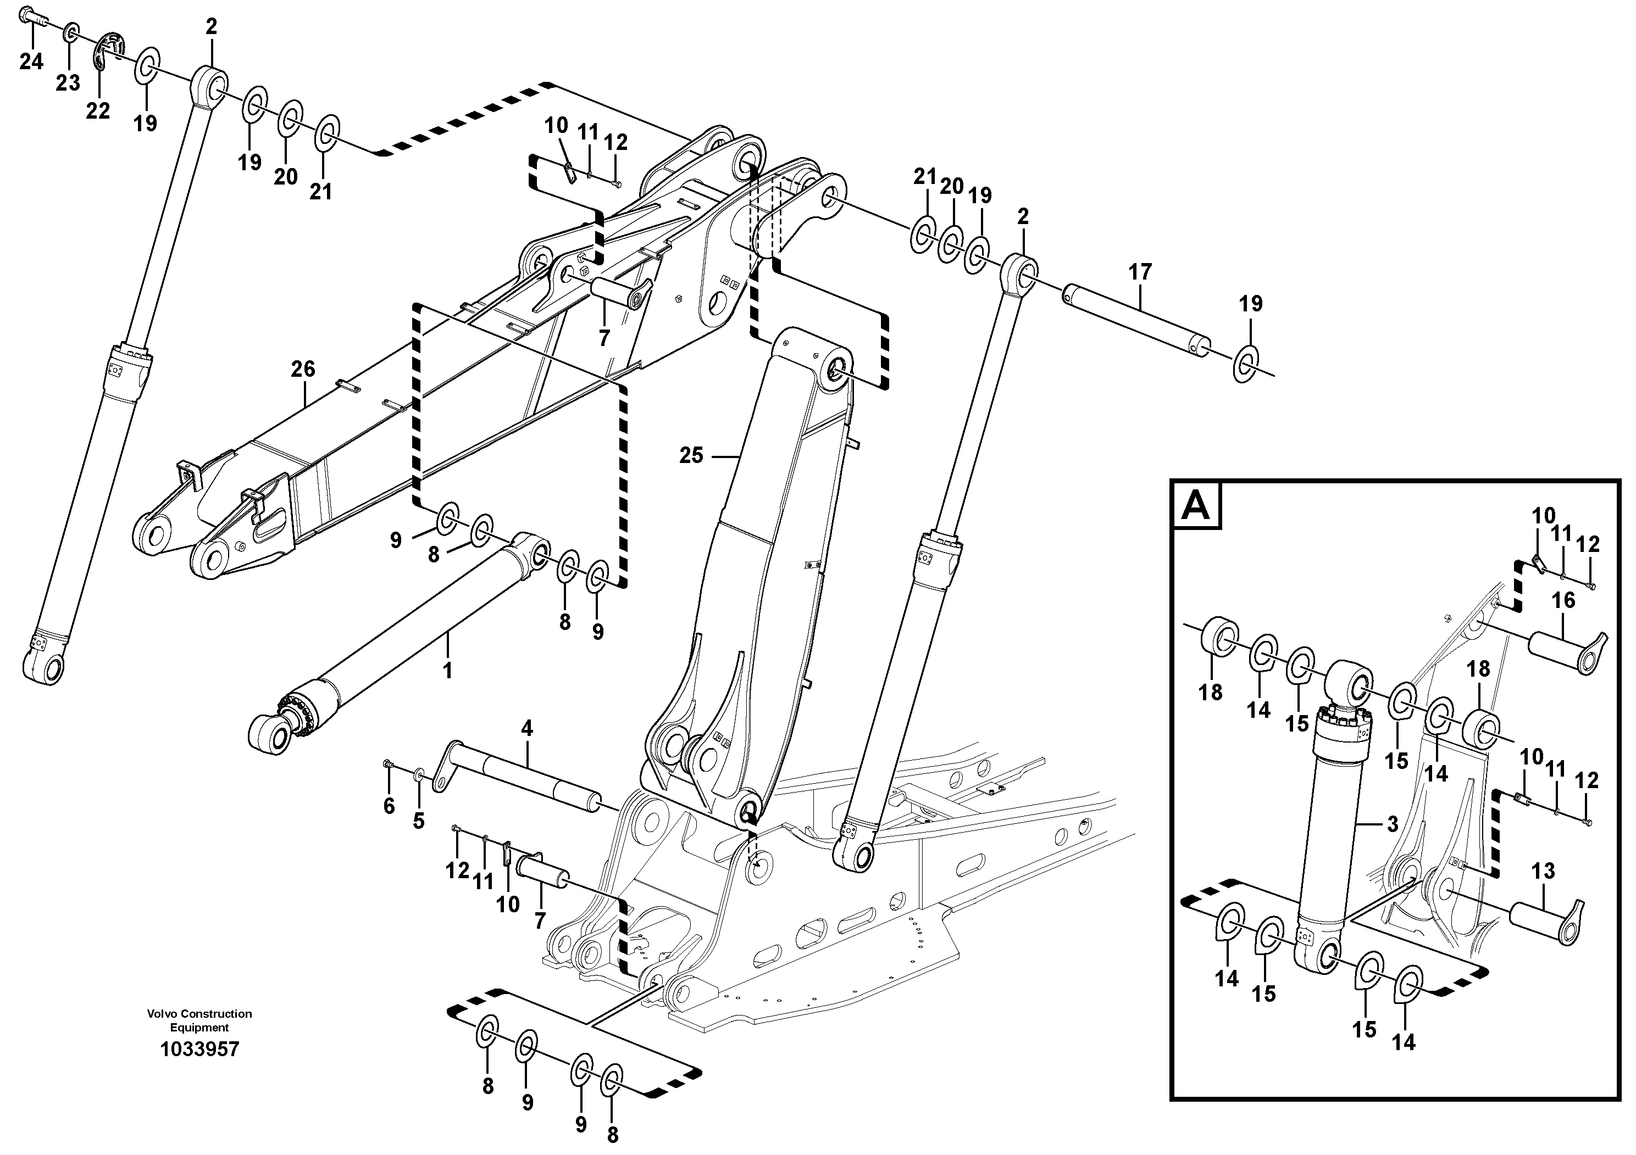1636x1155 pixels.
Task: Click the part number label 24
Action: pyautogui.click(x=31, y=63)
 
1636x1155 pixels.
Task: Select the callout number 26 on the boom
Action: pyautogui.click(x=303, y=370)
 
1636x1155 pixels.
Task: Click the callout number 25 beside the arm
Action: pyautogui.click(x=690, y=456)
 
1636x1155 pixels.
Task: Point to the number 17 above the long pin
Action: pyautogui.click(x=1140, y=273)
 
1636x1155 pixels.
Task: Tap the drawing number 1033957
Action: pyautogui.click(x=199, y=1050)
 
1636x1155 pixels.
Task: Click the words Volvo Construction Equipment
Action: pyautogui.click(x=199, y=1020)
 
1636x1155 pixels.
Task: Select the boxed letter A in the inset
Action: pyautogui.click(x=1196, y=506)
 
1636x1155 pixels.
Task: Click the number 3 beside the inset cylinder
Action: pyautogui.click(x=1393, y=824)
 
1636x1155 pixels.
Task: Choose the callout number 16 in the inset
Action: pyautogui.click(x=1563, y=601)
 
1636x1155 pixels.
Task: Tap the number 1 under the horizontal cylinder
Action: pyautogui.click(x=447, y=671)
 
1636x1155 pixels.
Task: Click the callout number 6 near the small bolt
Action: pyautogui.click(x=389, y=807)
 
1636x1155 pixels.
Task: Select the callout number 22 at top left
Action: pyautogui.click(x=98, y=111)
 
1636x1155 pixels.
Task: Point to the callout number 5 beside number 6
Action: pyautogui.click(x=418, y=821)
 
